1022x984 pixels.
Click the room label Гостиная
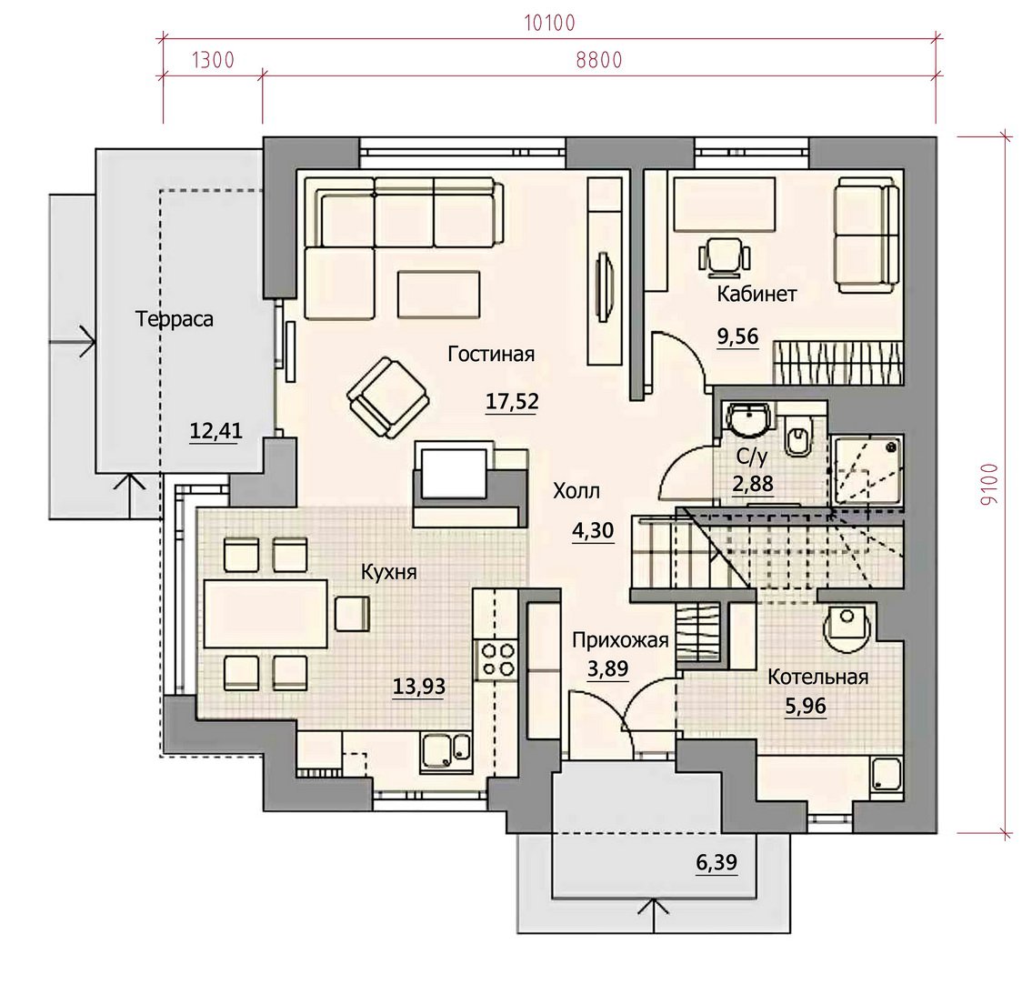pyautogui.click(x=491, y=354)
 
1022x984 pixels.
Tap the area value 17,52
pyautogui.click(x=512, y=402)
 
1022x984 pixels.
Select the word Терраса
pyautogui.click(x=174, y=319)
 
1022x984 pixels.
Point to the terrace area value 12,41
pyautogui.click(x=215, y=431)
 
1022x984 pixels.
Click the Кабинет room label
pyautogui.click(x=756, y=294)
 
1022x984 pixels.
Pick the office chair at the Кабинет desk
pyautogui.click(x=724, y=255)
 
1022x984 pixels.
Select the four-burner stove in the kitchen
pyautogui.click(x=497, y=660)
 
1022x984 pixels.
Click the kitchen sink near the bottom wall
pyautogui.click(x=446, y=753)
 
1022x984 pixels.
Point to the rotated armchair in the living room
pyautogui.click(x=388, y=397)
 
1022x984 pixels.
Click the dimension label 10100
pyautogui.click(x=549, y=23)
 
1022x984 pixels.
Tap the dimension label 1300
pyautogui.click(x=213, y=60)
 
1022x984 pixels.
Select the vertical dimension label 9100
pyautogui.click(x=988, y=485)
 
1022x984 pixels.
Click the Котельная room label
pyautogui.click(x=818, y=678)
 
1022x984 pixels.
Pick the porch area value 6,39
pyautogui.click(x=717, y=863)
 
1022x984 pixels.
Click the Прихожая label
pyautogui.click(x=620, y=641)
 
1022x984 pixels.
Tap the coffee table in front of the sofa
pyautogui.click(x=439, y=295)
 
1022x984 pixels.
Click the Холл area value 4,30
pyautogui.click(x=593, y=531)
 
